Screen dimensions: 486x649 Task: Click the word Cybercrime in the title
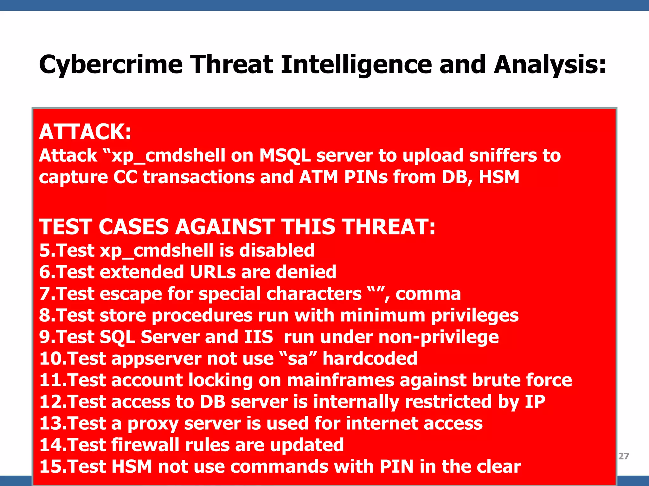(x=111, y=65)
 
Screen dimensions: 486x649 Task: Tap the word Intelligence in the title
(x=356, y=65)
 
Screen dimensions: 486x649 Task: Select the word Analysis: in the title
(x=550, y=65)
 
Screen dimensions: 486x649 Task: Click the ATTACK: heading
(x=85, y=132)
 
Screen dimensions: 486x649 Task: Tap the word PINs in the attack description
(x=366, y=177)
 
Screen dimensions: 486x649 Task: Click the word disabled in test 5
(x=277, y=250)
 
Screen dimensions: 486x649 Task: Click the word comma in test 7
(x=428, y=294)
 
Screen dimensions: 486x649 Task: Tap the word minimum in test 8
(x=383, y=315)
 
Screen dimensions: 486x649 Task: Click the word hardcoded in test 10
(x=370, y=358)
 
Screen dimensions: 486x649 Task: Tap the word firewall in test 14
(x=145, y=445)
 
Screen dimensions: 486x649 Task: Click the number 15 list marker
(x=51, y=467)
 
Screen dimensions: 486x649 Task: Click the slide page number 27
(x=623, y=456)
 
